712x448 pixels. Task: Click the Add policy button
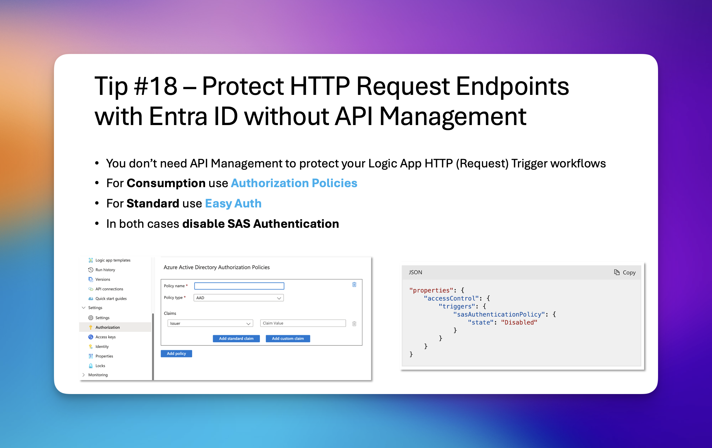pyautogui.click(x=176, y=353)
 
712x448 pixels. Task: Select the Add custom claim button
pyautogui.click(x=288, y=338)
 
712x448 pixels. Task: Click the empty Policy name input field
pyautogui.click(x=239, y=286)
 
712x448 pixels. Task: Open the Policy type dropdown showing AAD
pyautogui.click(x=238, y=297)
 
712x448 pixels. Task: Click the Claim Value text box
pyautogui.click(x=303, y=323)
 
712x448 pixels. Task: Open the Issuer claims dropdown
pyautogui.click(x=210, y=323)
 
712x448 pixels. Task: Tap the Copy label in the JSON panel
pyautogui.click(x=629, y=272)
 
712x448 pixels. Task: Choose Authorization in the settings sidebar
pyautogui.click(x=108, y=327)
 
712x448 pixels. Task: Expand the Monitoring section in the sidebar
pyautogui.click(x=98, y=375)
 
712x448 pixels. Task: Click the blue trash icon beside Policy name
pyautogui.click(x=354, y=284)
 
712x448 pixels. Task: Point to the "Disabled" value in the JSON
pyautogui.click(x=519, y=322)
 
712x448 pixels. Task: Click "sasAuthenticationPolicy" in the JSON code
pyautogui.click(x=499, y=314)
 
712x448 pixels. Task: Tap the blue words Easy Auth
pyautogui.click(x=233, y=203)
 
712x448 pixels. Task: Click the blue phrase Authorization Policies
pyautogui.click(x=294, y=183)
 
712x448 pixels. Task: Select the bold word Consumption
pyautogui.click(x=166, y=183)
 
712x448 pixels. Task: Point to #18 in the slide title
pyautogui.click(x=156, y=86)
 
